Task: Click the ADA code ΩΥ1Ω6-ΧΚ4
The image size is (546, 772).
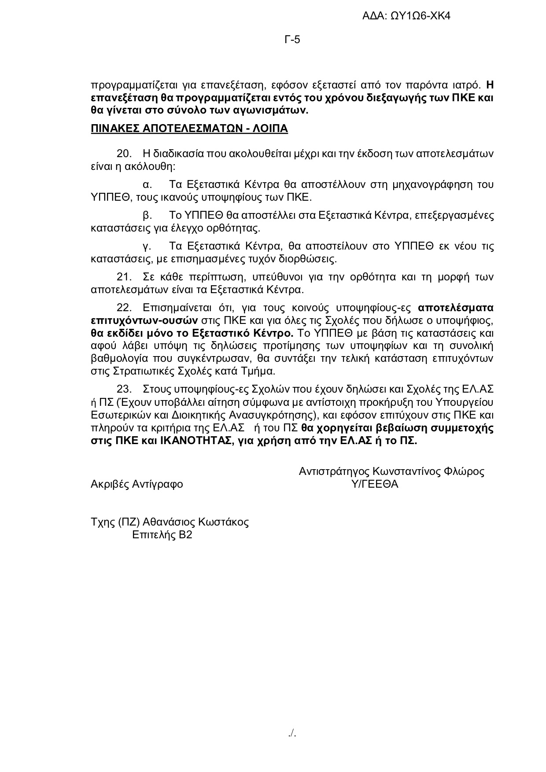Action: pyautogui.click(x=421, y=16)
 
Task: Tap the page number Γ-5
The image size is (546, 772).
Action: pyautogui.click(x=292, y=40)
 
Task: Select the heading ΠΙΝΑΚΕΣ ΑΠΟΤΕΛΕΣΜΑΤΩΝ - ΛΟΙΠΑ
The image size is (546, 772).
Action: pyautogui.click(x=189, y=129)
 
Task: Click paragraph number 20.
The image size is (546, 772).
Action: pyautogui.click(x=124, y=154)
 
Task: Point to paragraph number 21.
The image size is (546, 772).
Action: pyautogui.click(x=124, y=277)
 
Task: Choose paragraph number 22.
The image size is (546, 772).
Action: pyautogui.click(x=124, y=307)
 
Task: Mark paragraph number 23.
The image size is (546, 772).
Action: pyautogui.click(x=124, y=389)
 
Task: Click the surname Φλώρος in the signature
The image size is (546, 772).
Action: pyautogui.click(x=464, y=471)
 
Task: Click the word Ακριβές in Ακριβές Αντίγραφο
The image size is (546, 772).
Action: pyautogui.click(x=110, y=485)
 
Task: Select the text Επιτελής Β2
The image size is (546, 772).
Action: pyautogui.click(x=162, y=535)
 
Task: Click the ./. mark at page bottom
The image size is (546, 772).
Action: pyautogui.click(x=292, y=733)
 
